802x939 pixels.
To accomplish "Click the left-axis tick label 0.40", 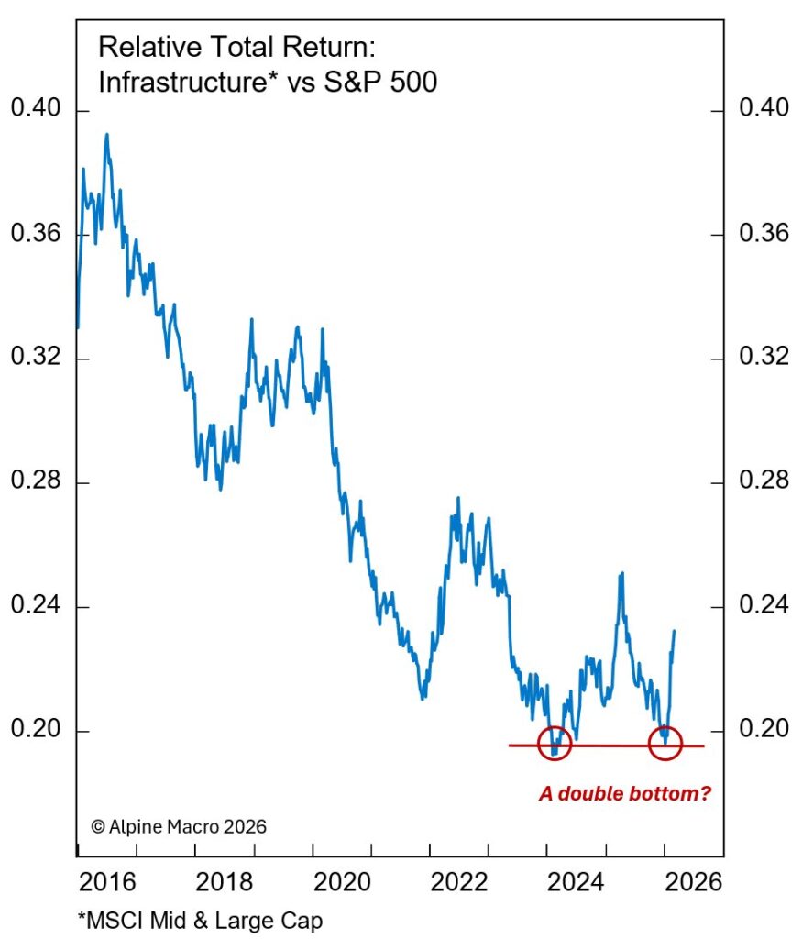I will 35,110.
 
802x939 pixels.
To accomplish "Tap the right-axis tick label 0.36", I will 764,234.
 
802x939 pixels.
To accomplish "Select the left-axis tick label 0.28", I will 35,482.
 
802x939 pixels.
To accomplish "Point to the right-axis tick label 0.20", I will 764,731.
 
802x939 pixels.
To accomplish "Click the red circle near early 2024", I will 554,744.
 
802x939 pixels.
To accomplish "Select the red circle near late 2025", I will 665,743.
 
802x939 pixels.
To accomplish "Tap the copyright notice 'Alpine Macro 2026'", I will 179,826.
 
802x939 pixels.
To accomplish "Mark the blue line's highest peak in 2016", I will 106,135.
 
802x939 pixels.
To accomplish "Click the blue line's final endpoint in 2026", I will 675,631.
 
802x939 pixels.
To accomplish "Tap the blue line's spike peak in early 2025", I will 621,573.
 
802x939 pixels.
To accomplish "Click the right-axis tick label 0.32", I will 764,358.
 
